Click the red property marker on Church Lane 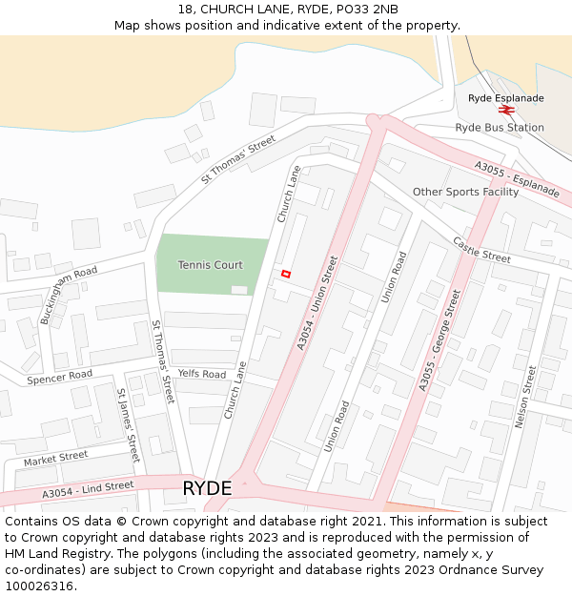click(285, 275)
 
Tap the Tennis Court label click(210, 265)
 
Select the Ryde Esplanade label click(505, 98)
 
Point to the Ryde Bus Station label click(500, 128)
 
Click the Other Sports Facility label click(465, 193)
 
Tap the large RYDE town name click(207, 488)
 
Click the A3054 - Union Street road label click(317, 302)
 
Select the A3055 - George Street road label click(439, 341)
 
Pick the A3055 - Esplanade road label click(517, 178)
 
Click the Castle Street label click(481, 250)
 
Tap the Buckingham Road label click(69, 296)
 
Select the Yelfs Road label click(202, 375)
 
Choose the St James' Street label click(128, 424)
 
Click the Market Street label click(55, 459)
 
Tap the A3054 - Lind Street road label click(88, 490)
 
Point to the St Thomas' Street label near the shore click(237, 159)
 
